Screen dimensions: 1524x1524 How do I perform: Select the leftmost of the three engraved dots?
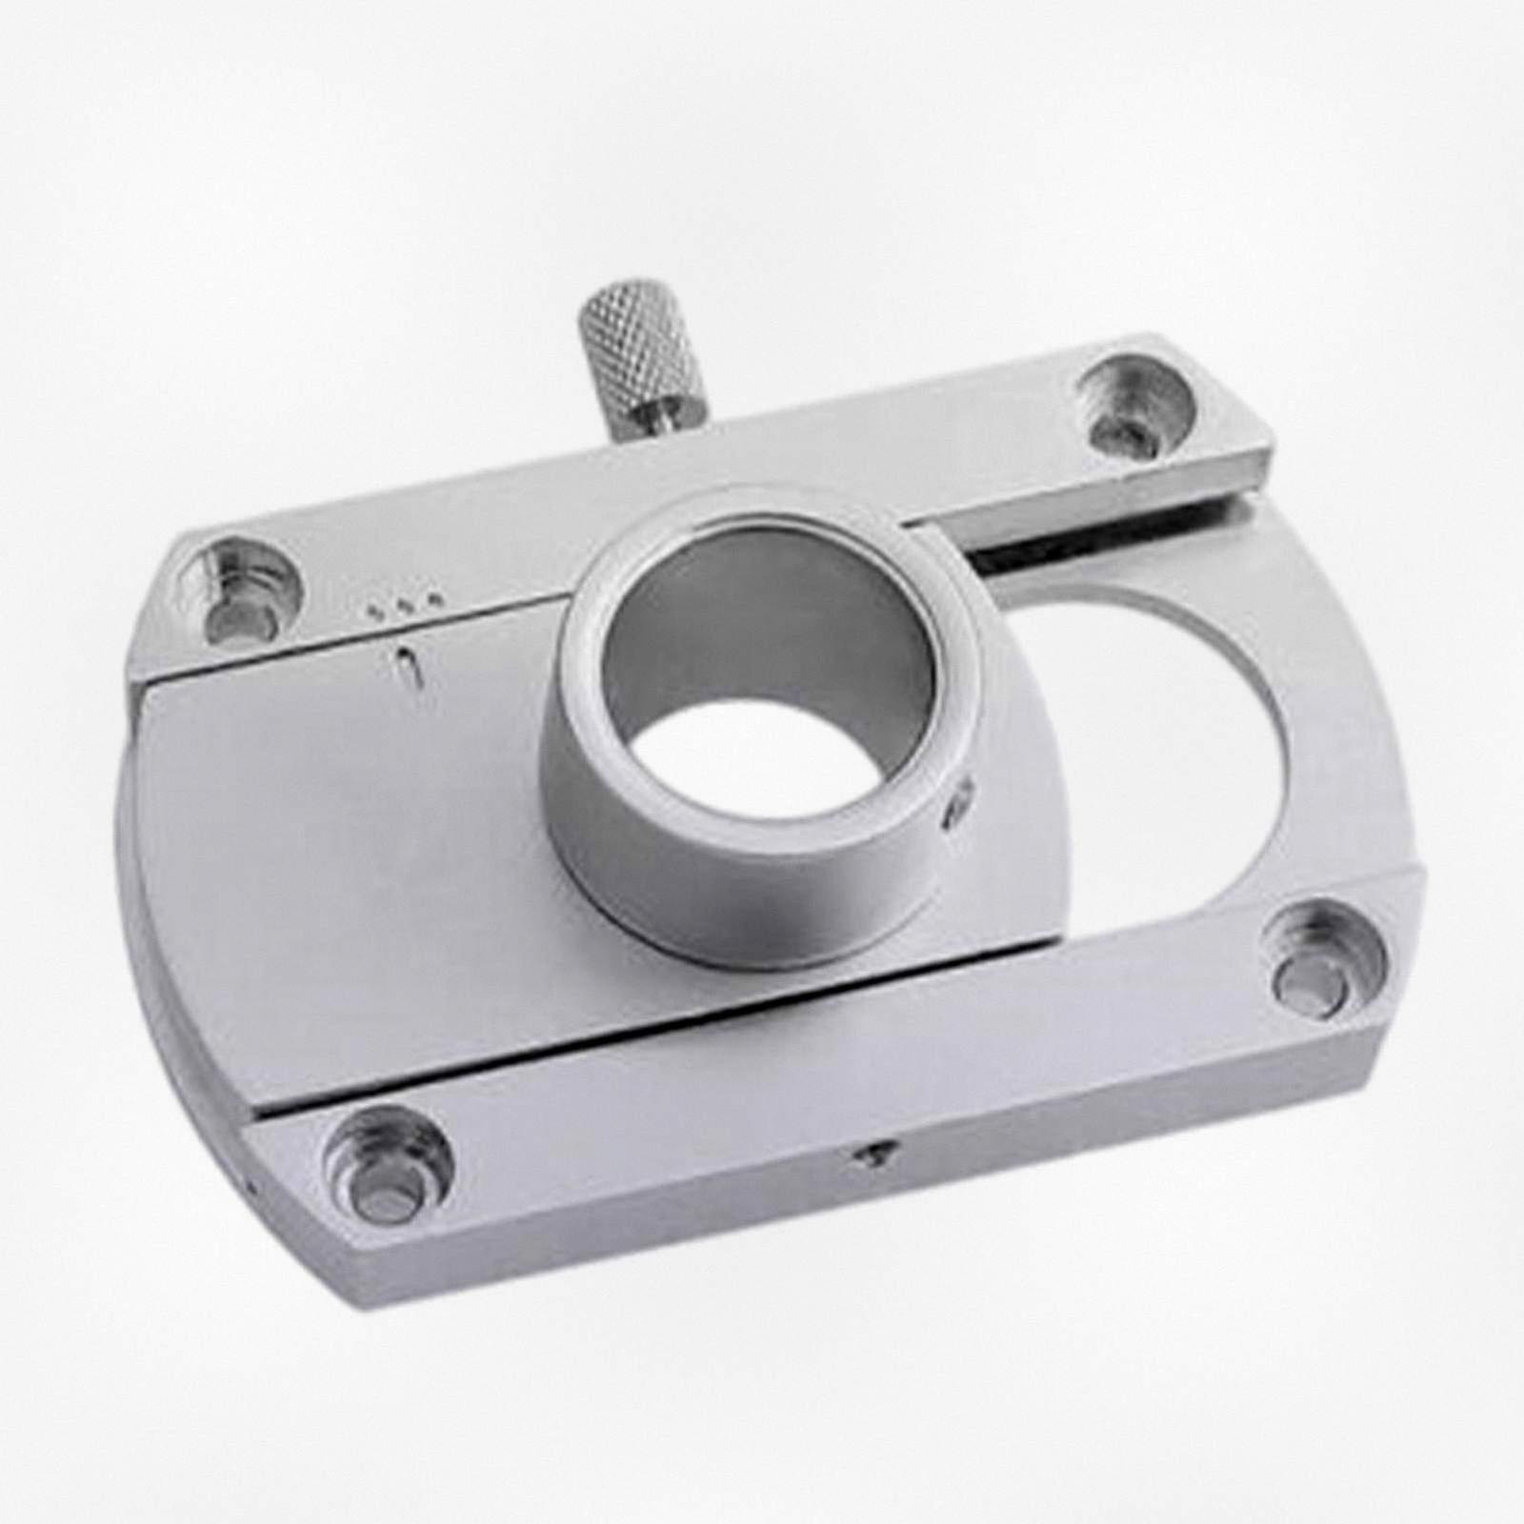tap(373, 606)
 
